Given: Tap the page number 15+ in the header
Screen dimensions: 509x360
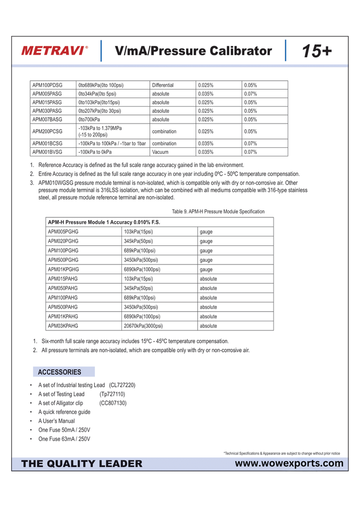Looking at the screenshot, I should [317, 51].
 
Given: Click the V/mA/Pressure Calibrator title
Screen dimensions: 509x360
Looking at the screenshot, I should [194, 51].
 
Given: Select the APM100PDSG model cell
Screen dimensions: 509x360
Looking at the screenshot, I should [47, 85].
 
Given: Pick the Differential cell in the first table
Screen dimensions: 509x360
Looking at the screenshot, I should [163, 85].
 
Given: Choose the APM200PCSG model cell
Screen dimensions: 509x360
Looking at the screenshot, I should [47, 131].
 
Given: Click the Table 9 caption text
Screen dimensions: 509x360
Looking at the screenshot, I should [218, 212].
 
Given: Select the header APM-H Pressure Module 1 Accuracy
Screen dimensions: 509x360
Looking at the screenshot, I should [104, 222].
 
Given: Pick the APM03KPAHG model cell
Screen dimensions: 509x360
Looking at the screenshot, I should [63, 326].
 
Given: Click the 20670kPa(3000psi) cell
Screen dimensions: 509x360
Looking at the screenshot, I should [143, 326].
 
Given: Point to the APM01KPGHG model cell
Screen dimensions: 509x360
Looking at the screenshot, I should [64, 269].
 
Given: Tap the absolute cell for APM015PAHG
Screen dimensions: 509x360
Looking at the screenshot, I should [208, 279].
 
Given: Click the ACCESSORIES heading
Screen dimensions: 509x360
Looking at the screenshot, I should [59, 372].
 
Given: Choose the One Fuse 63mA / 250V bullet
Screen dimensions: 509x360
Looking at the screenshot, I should [64, 439].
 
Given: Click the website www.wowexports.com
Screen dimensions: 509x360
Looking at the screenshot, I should [289, 463].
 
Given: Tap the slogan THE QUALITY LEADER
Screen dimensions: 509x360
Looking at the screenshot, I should [82, 464].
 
